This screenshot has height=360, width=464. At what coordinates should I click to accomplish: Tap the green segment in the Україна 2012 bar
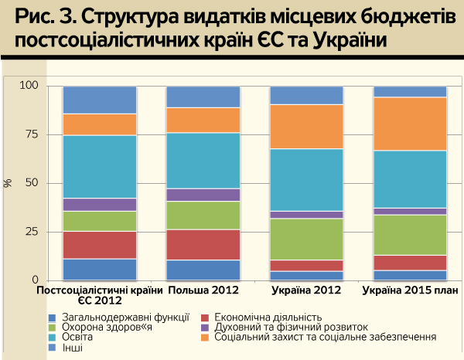pos(306,239)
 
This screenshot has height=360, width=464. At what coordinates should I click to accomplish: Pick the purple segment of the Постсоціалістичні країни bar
pos(99,205)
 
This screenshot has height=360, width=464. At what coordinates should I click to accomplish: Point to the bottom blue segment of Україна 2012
pos(306,276)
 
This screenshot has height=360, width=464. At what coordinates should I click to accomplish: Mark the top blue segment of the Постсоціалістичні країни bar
pos(99,100)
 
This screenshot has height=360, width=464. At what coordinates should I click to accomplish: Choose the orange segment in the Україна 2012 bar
pos(306,126)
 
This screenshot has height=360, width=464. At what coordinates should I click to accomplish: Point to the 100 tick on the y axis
pos(29,86)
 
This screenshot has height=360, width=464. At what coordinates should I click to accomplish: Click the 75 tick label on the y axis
pos(31,134)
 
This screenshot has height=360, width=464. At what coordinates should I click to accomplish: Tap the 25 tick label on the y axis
pos(31,232)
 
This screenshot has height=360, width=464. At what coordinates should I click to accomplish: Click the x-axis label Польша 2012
pos(203,290)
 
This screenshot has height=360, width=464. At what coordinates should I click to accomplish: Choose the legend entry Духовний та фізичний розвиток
pos(291,327)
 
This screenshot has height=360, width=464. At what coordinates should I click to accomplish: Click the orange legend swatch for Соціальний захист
pos(206,338)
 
